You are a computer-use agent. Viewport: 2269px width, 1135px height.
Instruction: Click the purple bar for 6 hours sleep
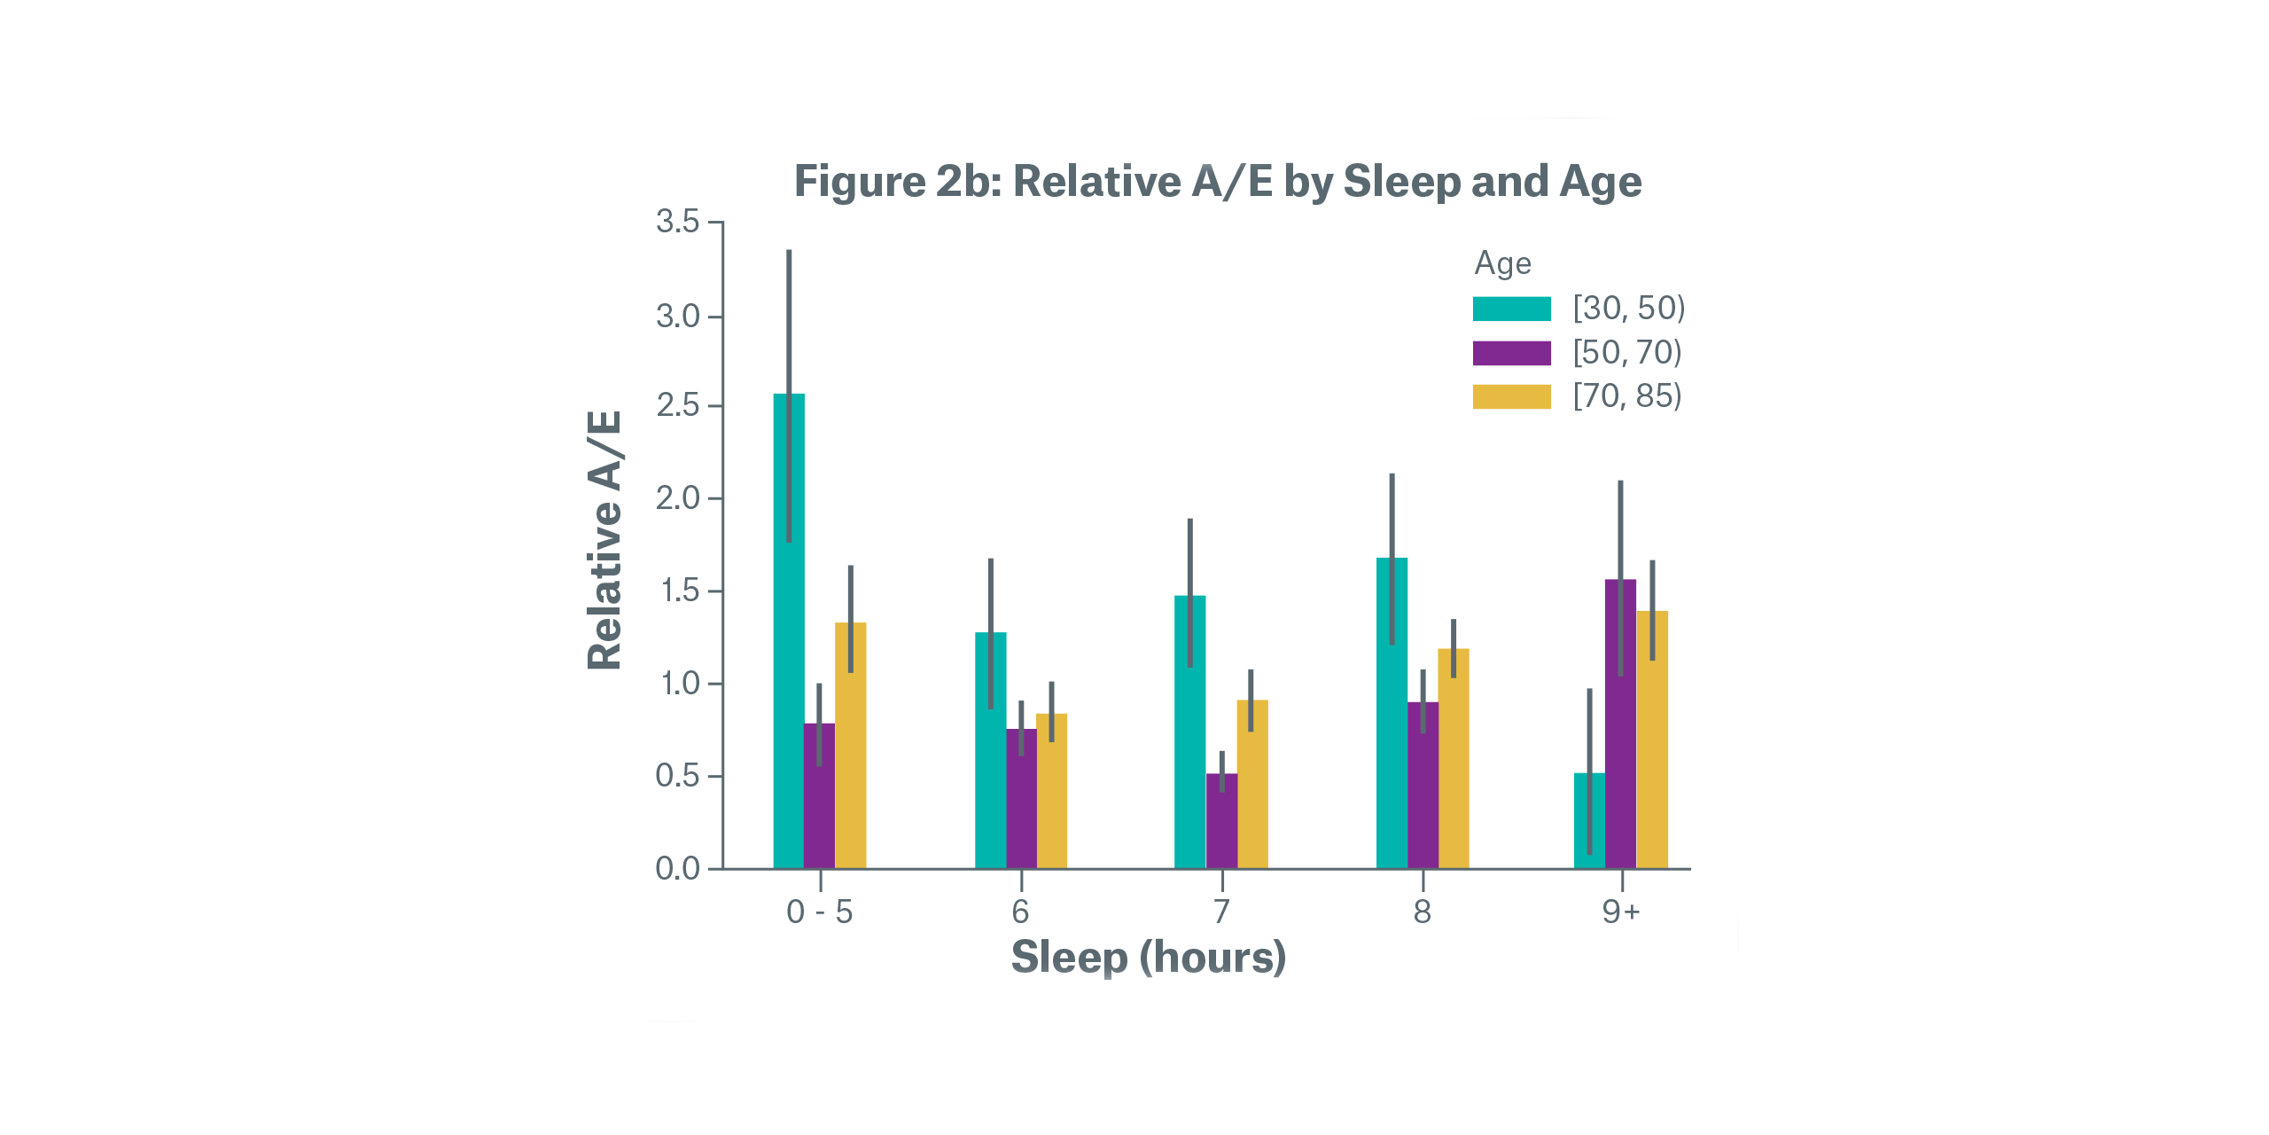(1021, 798)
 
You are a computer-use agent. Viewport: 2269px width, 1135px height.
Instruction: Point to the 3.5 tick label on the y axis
(678, 222)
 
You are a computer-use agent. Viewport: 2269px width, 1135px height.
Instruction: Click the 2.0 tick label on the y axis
(678, 498)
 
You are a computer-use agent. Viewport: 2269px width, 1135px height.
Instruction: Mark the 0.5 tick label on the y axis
(678, 776)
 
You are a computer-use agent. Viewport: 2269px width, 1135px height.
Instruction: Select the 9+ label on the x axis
(1621, 912)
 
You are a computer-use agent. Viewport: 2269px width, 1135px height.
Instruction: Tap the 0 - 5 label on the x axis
(820, 912)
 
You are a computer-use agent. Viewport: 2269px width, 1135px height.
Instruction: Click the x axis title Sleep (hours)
(1149, 958)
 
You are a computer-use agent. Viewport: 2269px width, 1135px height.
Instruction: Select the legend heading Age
(1502, 263)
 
